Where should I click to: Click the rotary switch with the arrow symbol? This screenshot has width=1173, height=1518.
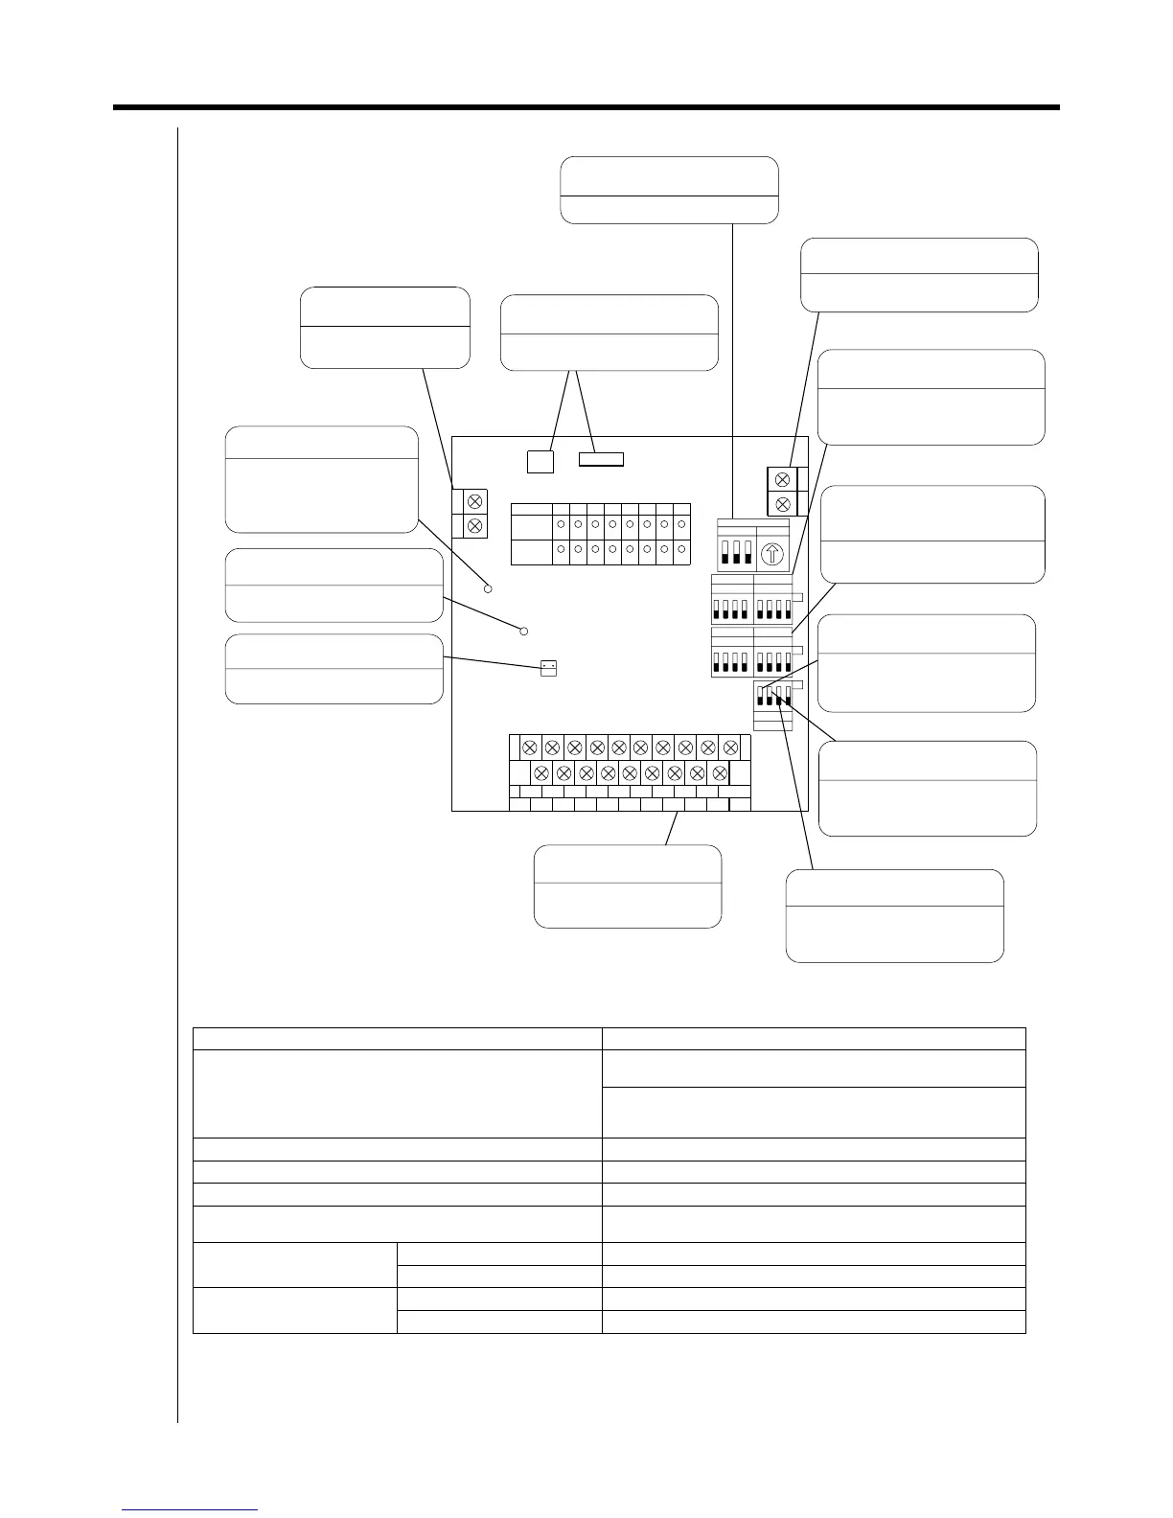tap(773, 554)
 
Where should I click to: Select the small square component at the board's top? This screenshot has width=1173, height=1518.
tap(540, 461)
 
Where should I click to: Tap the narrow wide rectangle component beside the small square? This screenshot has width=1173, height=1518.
tap(602, 459)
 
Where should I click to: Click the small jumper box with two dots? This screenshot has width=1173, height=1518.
tap(548, 668)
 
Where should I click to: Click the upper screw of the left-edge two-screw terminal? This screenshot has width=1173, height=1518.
tap(472, 500)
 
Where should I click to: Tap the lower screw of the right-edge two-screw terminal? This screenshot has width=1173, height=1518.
tap(783, 503)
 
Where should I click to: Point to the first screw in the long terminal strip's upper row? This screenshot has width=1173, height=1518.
tap(529, 747)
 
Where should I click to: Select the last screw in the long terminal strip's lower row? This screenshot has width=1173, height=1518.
tap(720, 772)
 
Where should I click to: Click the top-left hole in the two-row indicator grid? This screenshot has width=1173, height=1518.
tap(561, 525)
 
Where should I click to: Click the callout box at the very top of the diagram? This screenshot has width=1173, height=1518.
tap(669, 190)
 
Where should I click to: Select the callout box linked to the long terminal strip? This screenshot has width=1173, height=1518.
tap(627, 885)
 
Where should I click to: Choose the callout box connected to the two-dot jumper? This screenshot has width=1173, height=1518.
tap(333, 668)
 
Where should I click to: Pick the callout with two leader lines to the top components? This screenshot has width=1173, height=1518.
tap(609, 332)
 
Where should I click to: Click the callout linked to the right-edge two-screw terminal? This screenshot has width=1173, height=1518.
tap(919, 275)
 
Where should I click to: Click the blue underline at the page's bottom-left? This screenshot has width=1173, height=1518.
tap(191, 1509)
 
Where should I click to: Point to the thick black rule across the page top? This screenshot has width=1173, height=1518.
tap(586, 107)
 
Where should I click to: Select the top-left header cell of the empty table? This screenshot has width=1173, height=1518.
tap(397, 1039)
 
